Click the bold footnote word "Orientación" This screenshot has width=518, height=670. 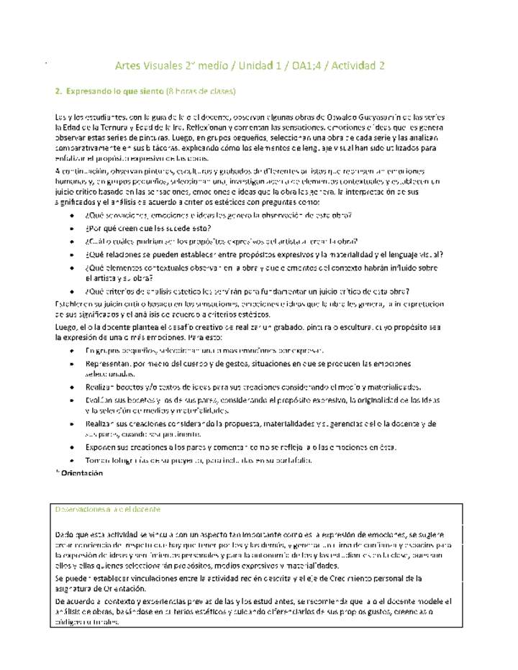point(82,473)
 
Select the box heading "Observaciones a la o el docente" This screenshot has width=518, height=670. point(107,508)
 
